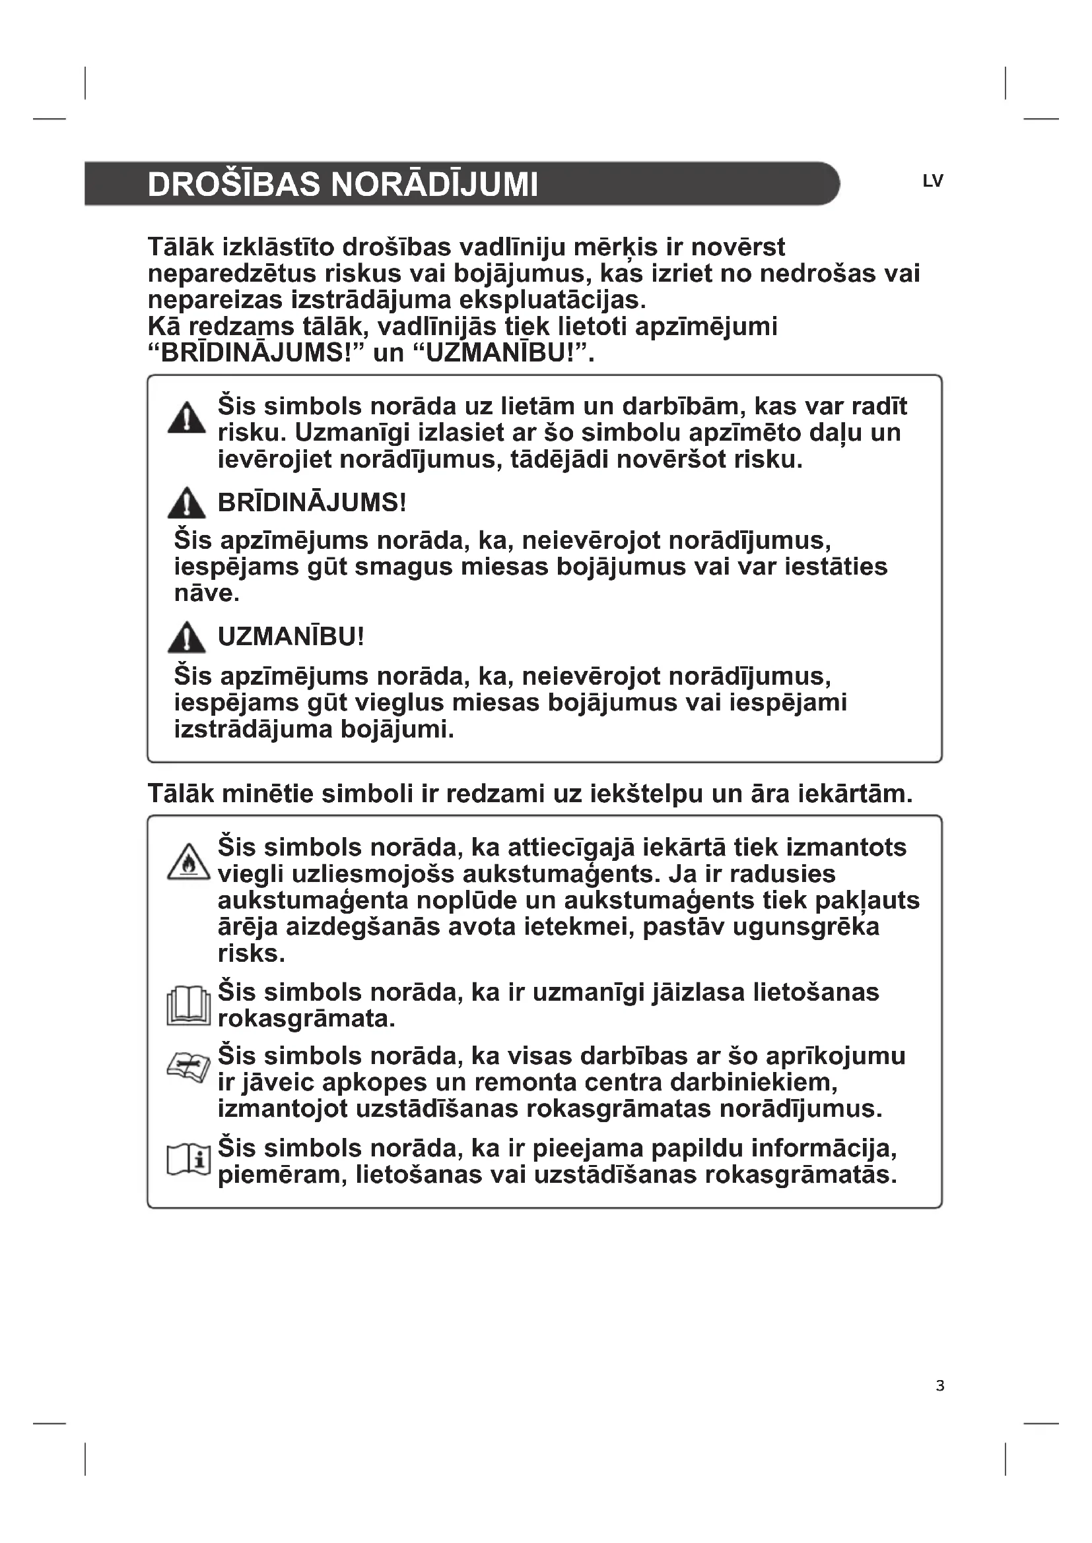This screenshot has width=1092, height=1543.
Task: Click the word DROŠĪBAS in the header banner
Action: point(232,185)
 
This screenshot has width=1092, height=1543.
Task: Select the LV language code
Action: point(933,181)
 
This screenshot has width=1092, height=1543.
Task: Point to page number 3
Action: point(940,1386)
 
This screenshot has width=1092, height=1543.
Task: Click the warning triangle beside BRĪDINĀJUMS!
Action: point(186,503)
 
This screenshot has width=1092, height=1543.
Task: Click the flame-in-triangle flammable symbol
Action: point(189,862)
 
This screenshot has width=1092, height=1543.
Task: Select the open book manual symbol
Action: point(188,1006)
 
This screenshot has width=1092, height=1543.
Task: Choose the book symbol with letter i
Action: point(188,1160)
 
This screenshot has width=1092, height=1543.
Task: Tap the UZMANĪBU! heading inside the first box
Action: point(290,637)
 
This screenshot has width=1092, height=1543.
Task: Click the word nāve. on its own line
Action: point(207,594)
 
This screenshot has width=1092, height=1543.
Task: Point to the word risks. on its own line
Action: point(252,954)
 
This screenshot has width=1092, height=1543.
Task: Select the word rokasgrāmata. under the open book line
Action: point(306,1019)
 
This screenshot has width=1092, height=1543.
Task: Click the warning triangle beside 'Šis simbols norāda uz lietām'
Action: point(186,418)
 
